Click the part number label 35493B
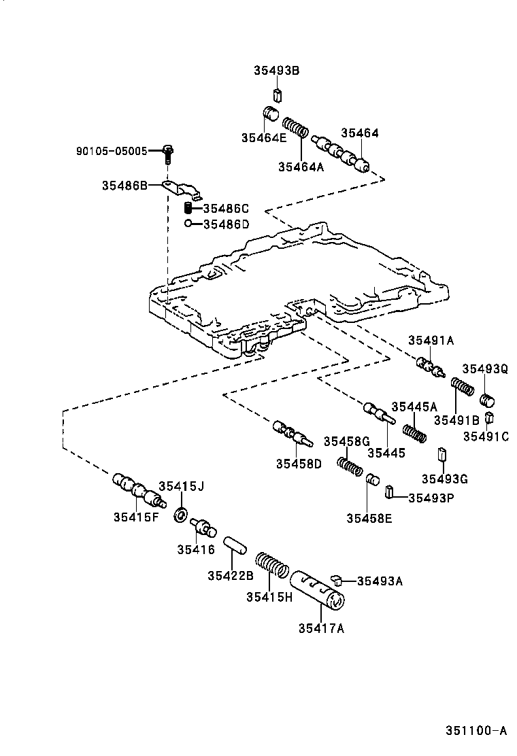click(x=277, y=71)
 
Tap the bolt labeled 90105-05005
click(x=168, y=154)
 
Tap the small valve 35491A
click(x=431, y=367)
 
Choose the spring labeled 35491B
click(x=463, y=388)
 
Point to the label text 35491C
click(x=486, y=436)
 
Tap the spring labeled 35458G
click(x=350, y=466)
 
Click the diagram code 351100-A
click(x=476, y=731)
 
